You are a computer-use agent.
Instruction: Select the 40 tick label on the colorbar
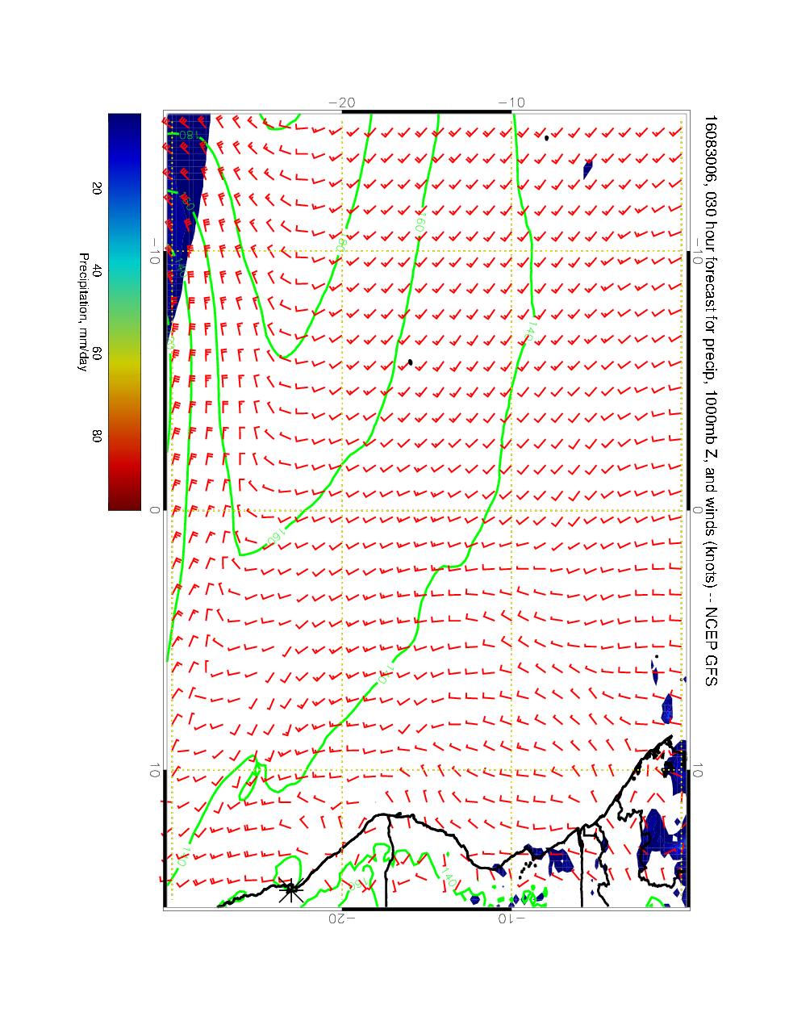point(97,271)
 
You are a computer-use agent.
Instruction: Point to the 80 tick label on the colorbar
point(97,436)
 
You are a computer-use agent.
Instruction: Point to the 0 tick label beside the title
point(698,510)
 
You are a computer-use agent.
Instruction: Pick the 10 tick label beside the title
point(698,771)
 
